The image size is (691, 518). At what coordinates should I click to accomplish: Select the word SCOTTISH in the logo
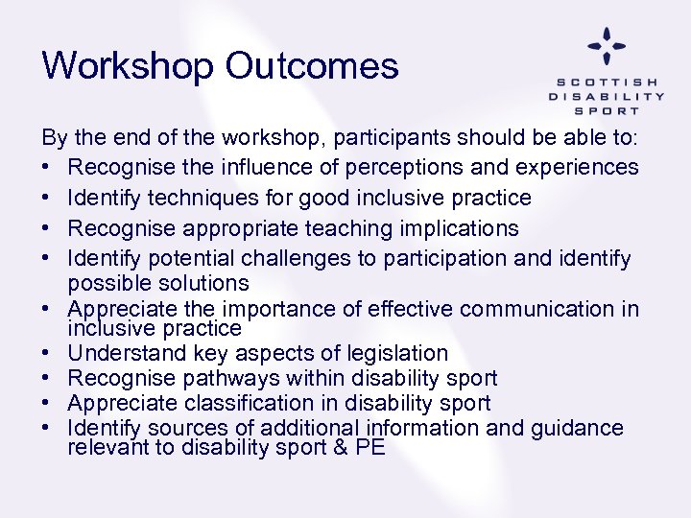pos(607,82)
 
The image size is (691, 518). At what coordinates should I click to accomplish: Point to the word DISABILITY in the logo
pos(607,96)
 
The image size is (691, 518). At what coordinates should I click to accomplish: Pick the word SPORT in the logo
pos(607,110)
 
